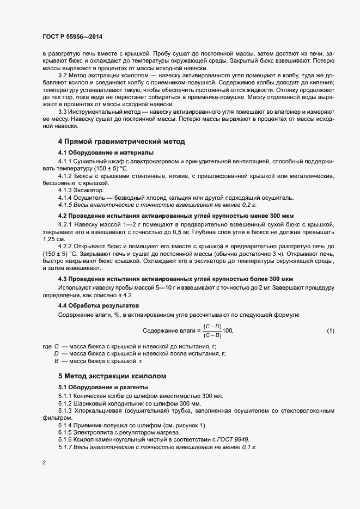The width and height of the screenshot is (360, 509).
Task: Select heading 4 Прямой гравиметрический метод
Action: pyautogui.click(x=121, y=142)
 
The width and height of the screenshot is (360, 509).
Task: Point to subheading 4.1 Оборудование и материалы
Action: pyautogui.click(x=106, y=152)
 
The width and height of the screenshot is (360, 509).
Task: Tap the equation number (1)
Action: pyautogui.click(x=330, y=330)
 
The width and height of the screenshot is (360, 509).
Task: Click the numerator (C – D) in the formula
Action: pyautogui.click(x=212, y=326)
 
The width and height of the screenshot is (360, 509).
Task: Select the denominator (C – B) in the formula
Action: pyautogui.click(x=212, y=335)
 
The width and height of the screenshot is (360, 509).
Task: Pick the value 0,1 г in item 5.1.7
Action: pyautogui.click(x=247, y=447)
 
